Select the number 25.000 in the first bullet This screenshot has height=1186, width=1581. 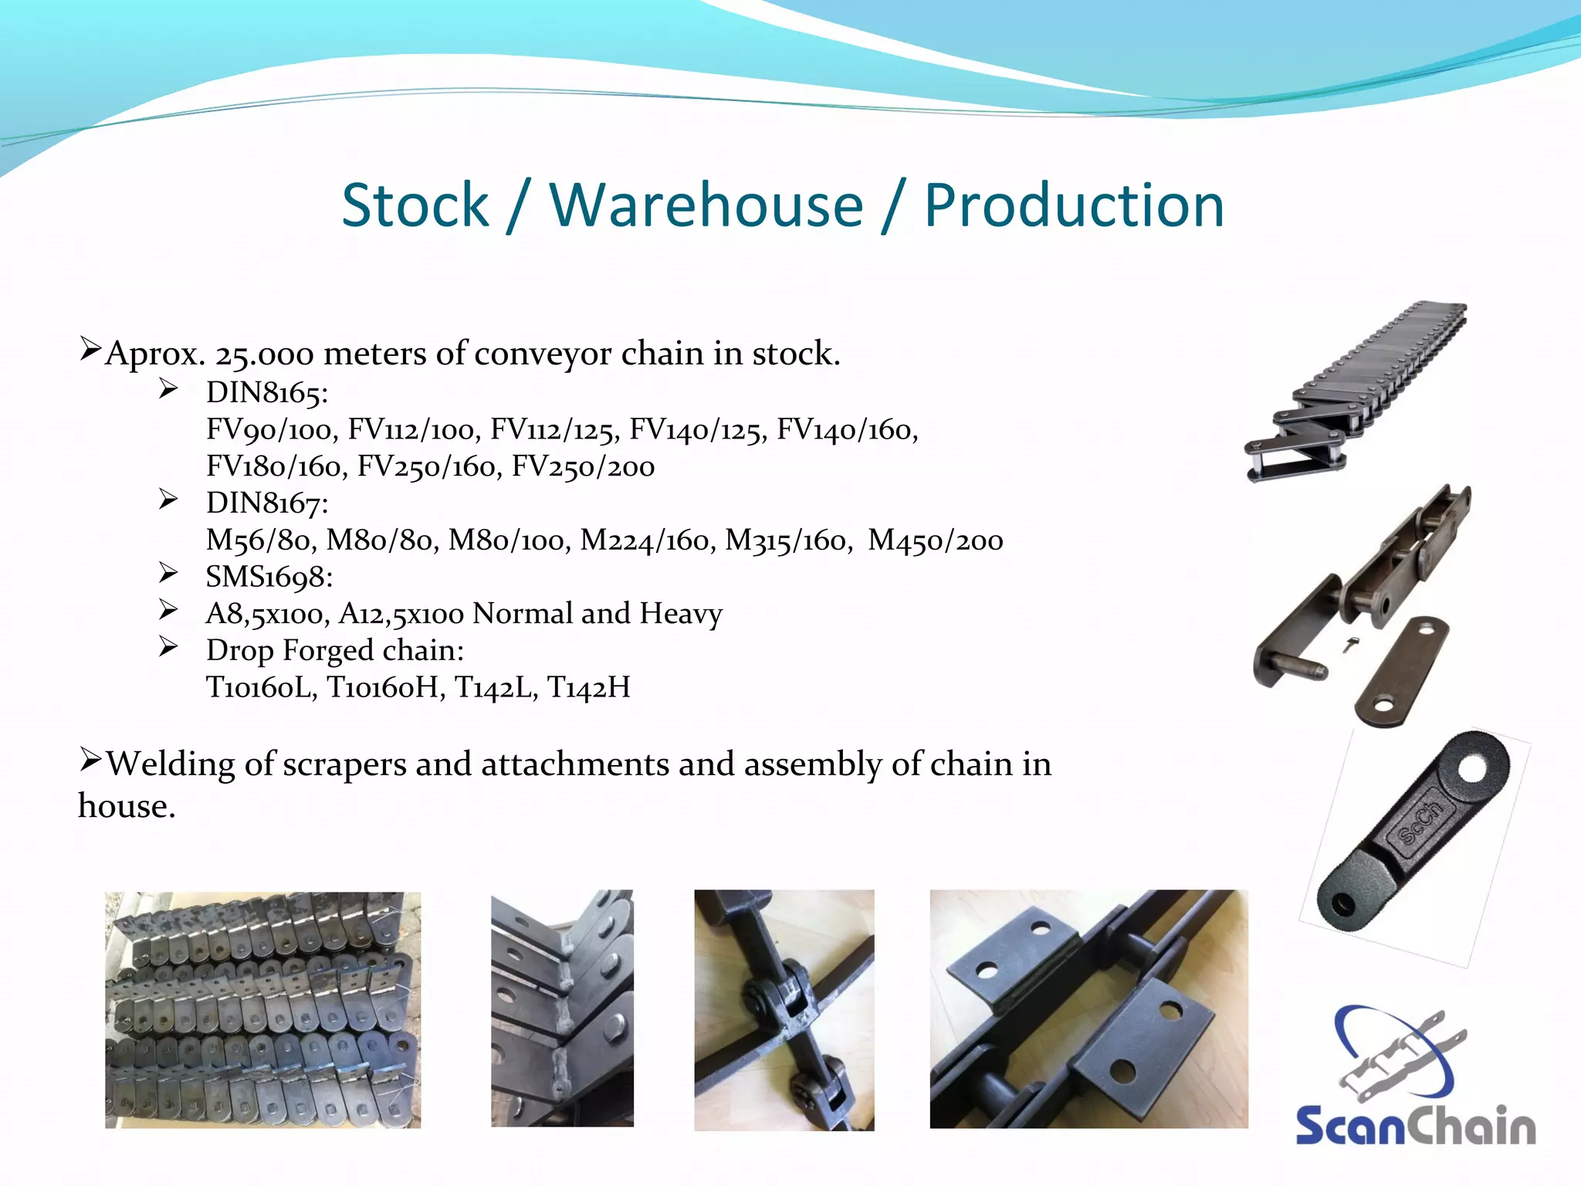tap(264, 354)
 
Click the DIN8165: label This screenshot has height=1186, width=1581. tap(267, 393)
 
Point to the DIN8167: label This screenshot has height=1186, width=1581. tap(267, 503)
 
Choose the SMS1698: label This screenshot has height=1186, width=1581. tap(269, 577)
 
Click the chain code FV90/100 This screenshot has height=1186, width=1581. tap(272, 430)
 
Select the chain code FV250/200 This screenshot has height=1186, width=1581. tap(583, 466)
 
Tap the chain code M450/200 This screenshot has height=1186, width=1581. tap(935, 540)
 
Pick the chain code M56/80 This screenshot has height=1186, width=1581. tap(261, 540)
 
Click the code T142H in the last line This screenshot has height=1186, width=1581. tap(588, 687)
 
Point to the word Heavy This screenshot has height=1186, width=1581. tap(681, 614)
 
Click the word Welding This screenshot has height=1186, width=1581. tap(171, 764)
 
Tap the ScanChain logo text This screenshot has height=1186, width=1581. tap(1415, 1126)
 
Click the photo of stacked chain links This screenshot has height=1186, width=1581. tap(262, 1009)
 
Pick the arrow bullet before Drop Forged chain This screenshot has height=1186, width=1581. tap(168, 647)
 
